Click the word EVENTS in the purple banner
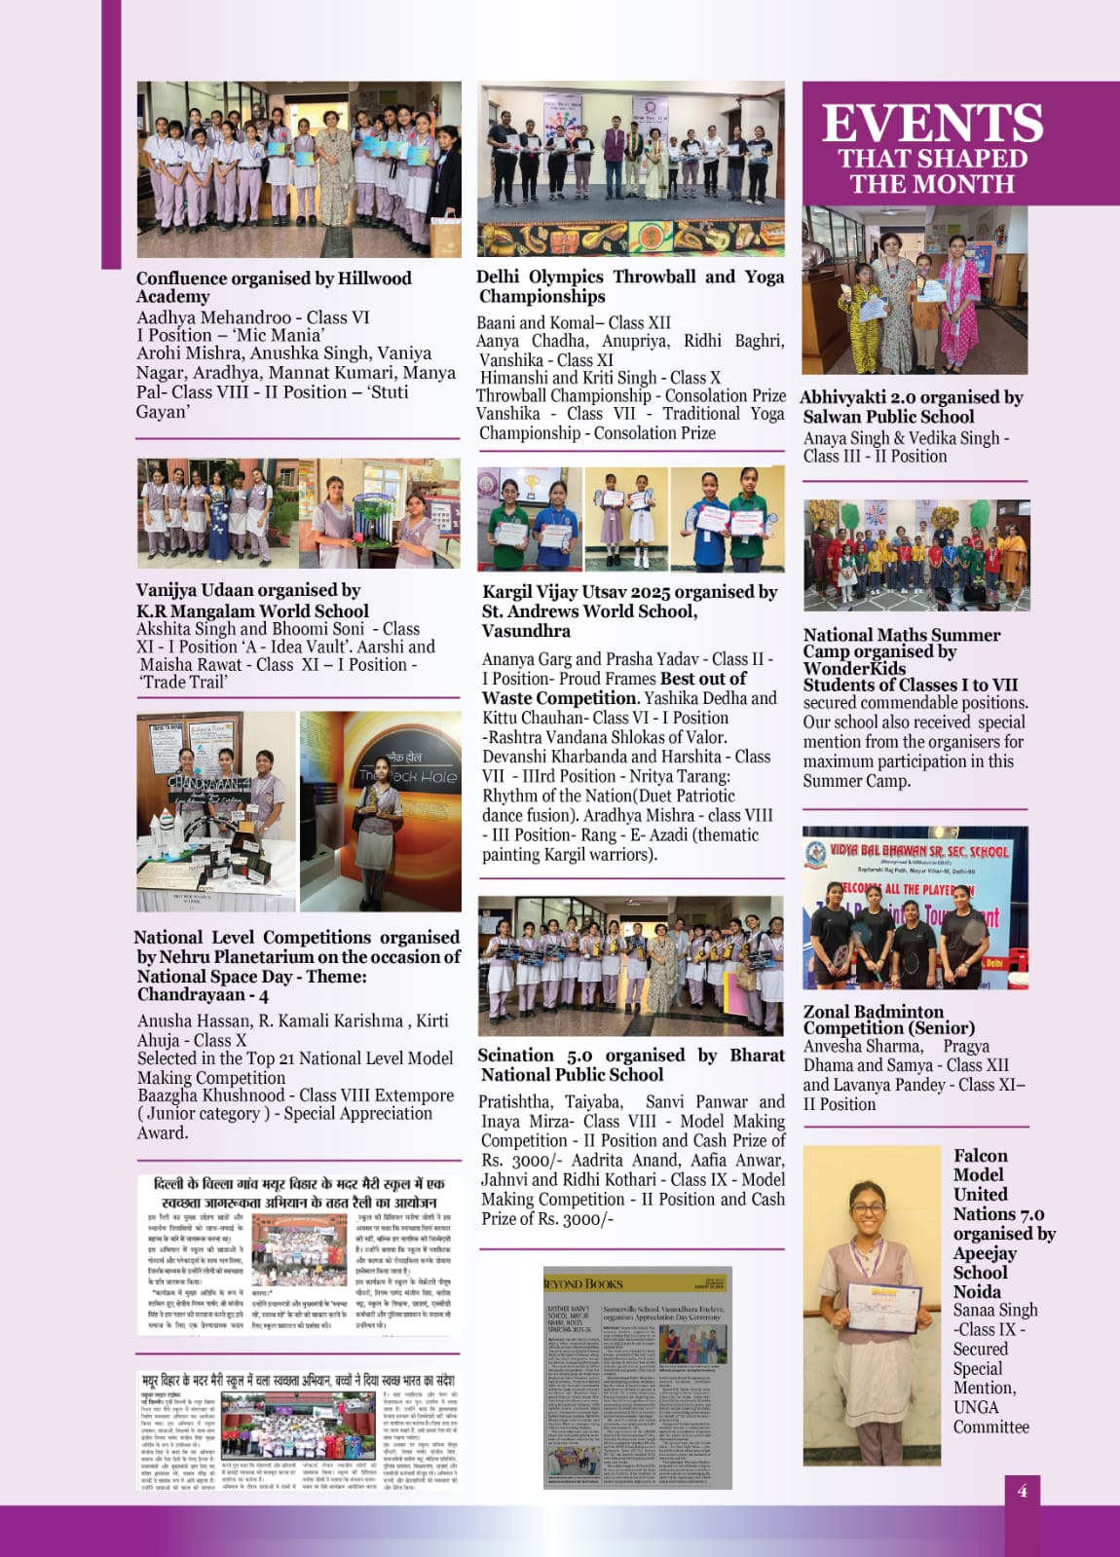point(932,124)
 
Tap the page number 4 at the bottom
point(1022,1491)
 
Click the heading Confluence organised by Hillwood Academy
point(274,287)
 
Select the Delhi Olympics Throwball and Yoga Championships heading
point(630,286)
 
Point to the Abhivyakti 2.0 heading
point(911,406)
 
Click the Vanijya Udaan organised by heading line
point(248,590)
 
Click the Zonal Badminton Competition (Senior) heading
point(888,1019)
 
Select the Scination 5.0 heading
point(630,1064)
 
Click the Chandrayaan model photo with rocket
point(215,811)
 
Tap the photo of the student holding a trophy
point(381,811)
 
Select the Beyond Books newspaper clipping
point(637,1377)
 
